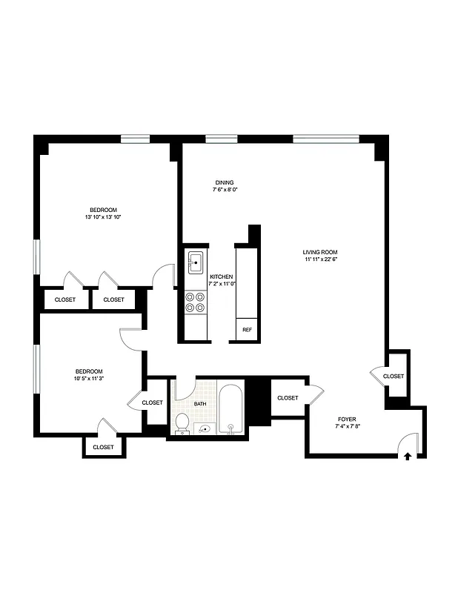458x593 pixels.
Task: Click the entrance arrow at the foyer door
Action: [x=408, y=457]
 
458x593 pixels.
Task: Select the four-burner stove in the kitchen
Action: [x=196, y=302]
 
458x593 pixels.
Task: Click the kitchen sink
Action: [x=196, y=262]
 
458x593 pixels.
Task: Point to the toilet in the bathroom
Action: [x=182, y=423]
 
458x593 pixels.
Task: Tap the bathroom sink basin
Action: [x=205, y=428]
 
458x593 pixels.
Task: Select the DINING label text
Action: [x=225, y=182]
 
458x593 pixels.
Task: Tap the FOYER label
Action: [x=346, y=419]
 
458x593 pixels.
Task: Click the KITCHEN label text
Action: [x=222, y=276]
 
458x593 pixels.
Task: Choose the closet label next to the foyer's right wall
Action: [x=394, y=377]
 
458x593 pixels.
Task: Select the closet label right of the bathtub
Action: [x=288, y=398]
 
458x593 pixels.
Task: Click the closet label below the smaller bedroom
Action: [x=103, y=447]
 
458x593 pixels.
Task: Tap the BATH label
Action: [x=200, y=404]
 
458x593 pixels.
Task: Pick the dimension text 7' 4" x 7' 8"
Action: [x=346, y=426]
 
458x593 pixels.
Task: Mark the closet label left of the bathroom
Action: [x=152, y=402]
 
